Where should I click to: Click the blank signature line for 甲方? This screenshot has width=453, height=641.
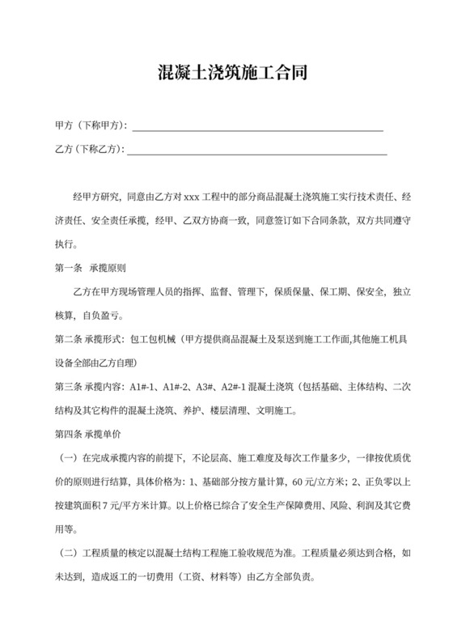(256, 128)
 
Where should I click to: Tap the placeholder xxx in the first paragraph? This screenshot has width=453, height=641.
(192, 197)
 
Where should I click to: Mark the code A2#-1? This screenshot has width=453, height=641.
(239, 388)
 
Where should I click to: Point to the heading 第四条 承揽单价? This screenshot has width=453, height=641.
(87, 434)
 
